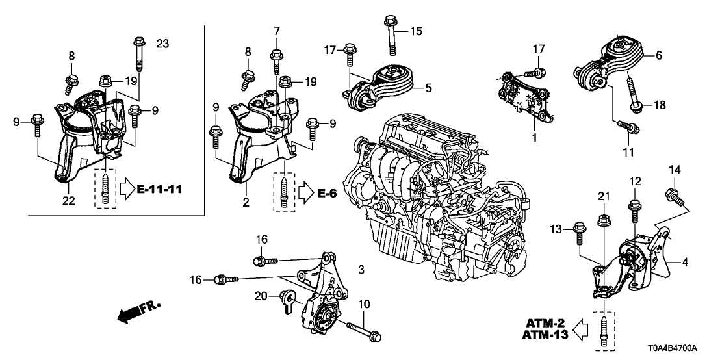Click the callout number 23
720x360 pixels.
coord(162,44)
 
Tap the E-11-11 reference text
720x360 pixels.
coord(161,190)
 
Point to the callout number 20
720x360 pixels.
coord(260,296)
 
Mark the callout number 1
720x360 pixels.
coord(534,138)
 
